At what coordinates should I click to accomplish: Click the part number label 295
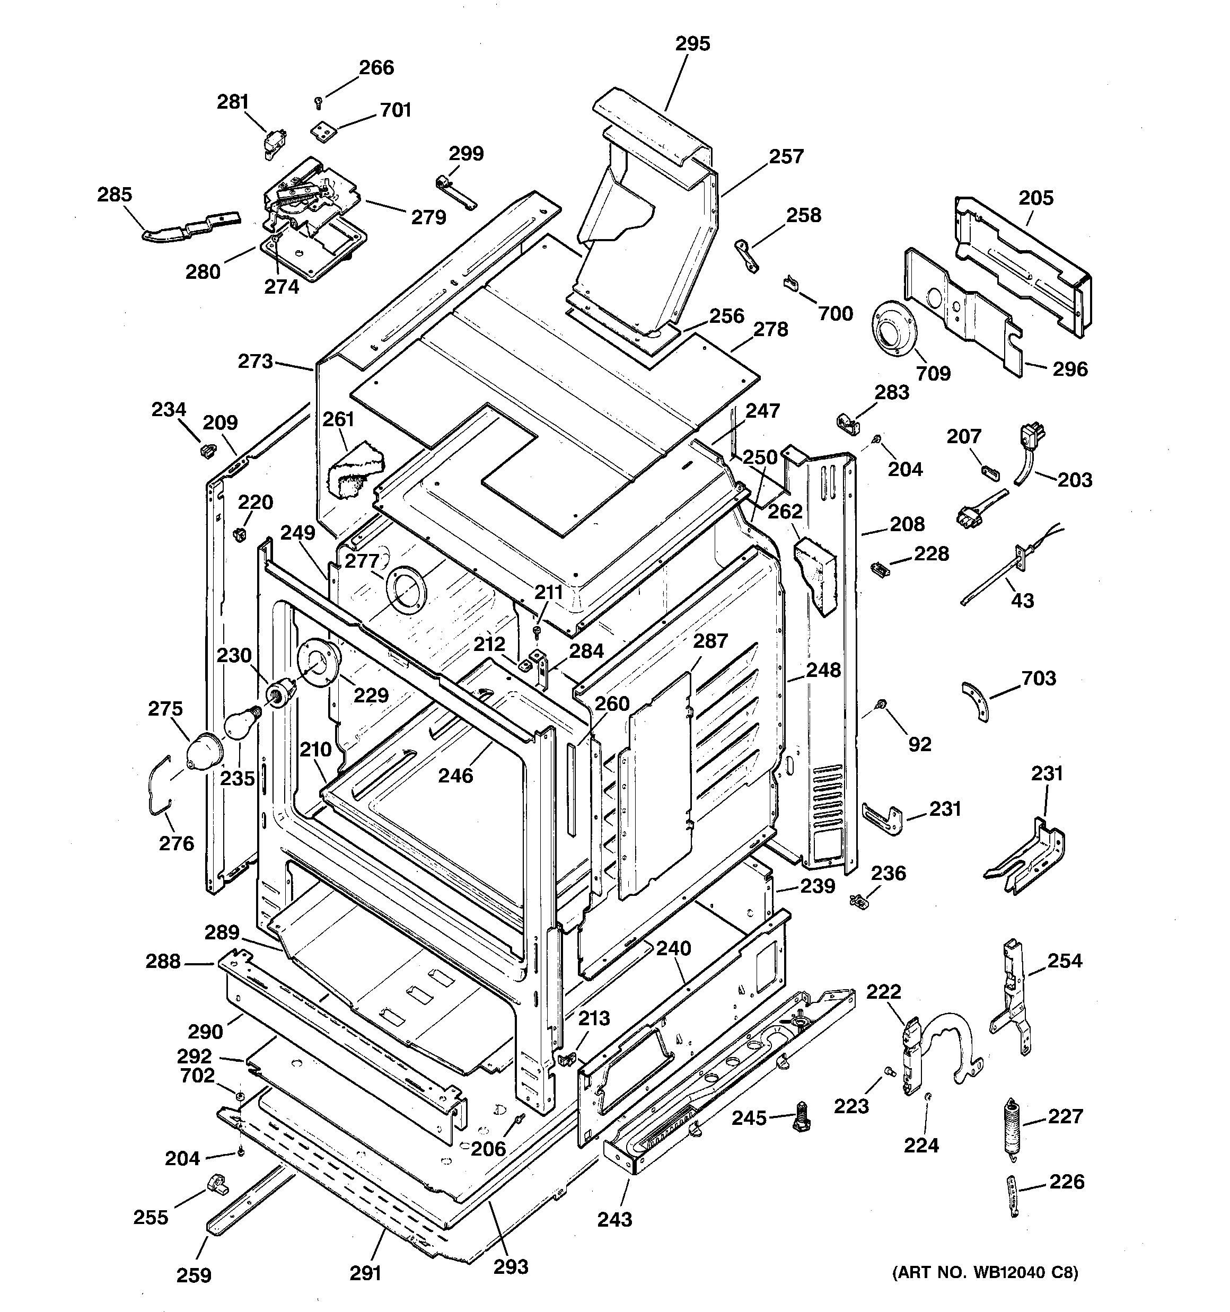click(x=692, y=44)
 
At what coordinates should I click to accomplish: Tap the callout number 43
click(x=1023, y=601)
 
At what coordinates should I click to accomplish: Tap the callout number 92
click(x=920, y=744)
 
